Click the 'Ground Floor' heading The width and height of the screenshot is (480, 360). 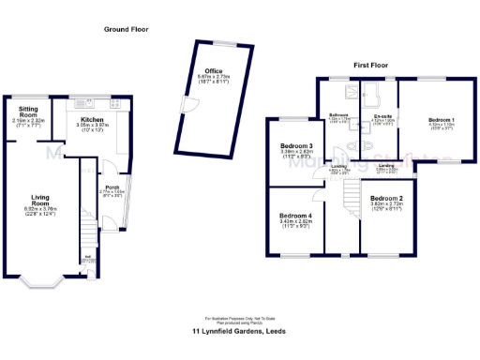pos(126,30)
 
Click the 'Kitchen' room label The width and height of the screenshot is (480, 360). pos(92,121)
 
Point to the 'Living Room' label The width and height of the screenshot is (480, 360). pos(40,199)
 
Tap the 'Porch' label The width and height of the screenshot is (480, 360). pos(112,186)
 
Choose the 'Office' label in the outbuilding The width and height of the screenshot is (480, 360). pos(213,71)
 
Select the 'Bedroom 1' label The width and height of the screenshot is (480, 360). pos(442,121)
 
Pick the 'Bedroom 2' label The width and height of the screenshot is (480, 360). pos(385,199)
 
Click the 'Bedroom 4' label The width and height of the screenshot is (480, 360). pos(296,217)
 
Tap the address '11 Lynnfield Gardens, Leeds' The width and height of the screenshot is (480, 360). pos(239,331)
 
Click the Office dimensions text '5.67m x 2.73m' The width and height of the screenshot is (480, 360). pos(213,78)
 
